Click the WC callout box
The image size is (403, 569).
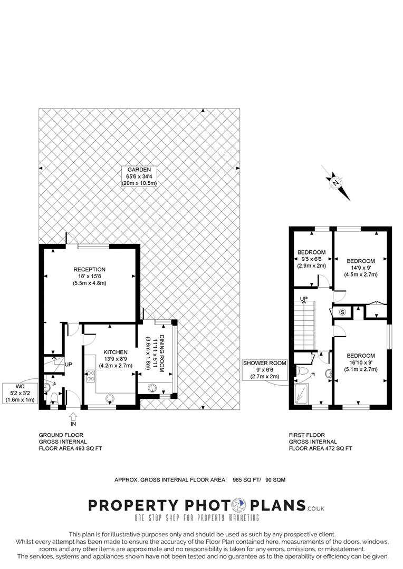point(20,393)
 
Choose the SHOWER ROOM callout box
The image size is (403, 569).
point(265,370)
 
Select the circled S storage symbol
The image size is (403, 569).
point(342,312)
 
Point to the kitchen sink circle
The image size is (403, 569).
point(109,399)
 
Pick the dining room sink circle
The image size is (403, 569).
point(152,388)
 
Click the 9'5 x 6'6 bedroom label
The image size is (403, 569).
point(311,259)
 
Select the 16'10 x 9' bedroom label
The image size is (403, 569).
point(361,362)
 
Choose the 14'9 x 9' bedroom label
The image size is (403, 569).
point(361,268)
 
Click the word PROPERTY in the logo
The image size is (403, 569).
point(133,505)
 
